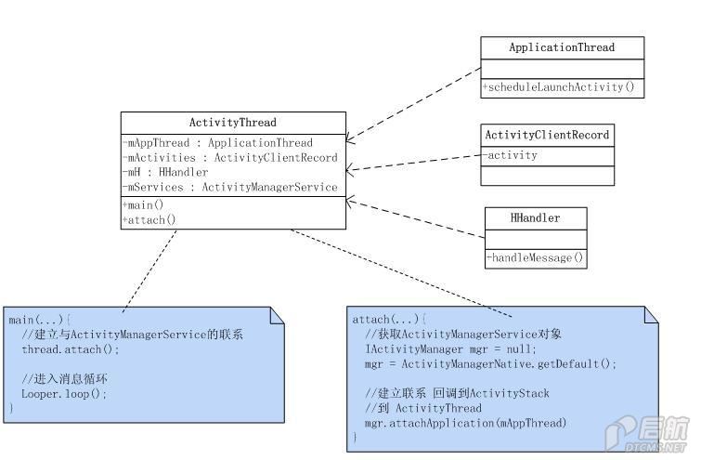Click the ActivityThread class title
[232, 123]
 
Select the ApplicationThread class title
[562, 47]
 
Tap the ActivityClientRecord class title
[547, 135]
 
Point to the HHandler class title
[535, 217]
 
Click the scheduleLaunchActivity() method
[559, 86]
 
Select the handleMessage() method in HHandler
[535, 257]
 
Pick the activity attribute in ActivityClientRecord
[510, 155]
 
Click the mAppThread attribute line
[217, 143]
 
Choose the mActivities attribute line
[230, 157]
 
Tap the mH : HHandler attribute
[165, 172]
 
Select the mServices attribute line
[230, 187]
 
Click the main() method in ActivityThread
[143, 205]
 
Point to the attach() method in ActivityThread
[149, 219]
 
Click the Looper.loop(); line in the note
[64, 394]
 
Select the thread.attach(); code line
[71, 349]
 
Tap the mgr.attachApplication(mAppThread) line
[466, 423]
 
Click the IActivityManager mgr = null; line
[450, 349]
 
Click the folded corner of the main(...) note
[278, 315]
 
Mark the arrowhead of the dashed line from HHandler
[350, 202]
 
